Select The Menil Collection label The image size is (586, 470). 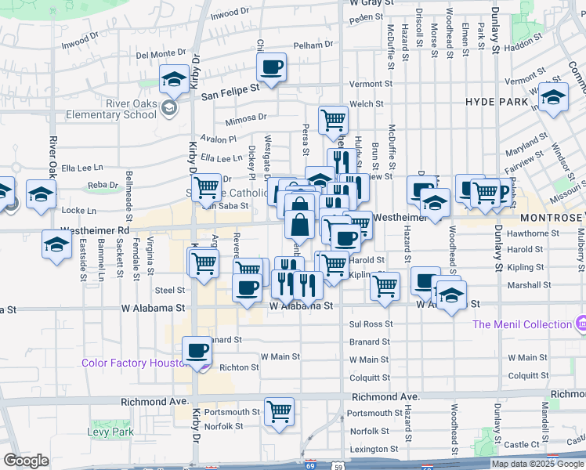522,324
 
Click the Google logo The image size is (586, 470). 27,461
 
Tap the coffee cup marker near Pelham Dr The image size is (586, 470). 272,67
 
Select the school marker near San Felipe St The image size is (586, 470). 174,79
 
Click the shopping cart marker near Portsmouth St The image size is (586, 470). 279,410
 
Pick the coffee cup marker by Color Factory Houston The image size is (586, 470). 197,350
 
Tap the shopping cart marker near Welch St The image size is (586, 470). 334,120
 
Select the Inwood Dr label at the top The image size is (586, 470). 229,13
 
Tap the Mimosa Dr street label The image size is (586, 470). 245,117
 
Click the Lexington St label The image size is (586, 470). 374,450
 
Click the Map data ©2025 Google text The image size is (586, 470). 537,464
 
